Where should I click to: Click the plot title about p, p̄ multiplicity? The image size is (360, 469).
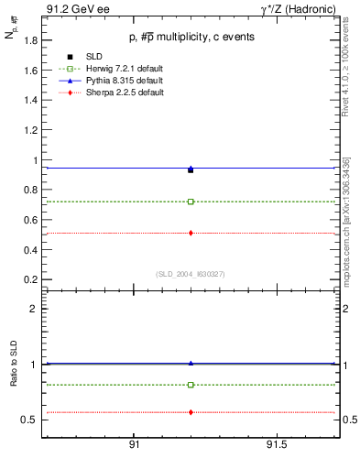191,37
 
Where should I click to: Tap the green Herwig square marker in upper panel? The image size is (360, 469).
191,202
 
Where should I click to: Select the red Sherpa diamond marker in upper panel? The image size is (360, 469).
191,233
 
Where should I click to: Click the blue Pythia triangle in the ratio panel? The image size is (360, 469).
191,363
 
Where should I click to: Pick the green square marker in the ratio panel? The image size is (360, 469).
191,385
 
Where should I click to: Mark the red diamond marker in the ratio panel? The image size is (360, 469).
191,412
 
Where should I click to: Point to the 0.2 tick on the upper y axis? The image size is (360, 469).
30,278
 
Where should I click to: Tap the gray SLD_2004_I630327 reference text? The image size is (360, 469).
191,273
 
